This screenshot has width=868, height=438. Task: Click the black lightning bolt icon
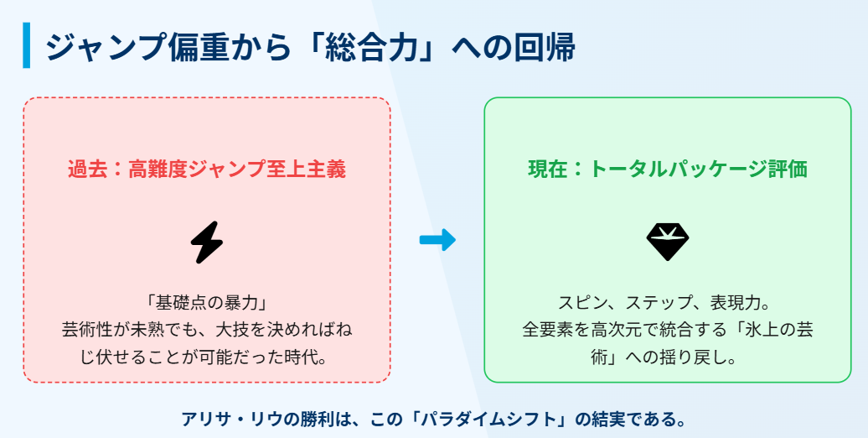(206, 242)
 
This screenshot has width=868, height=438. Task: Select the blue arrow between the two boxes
(437, 240)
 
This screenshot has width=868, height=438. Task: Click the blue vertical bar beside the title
(27, 45)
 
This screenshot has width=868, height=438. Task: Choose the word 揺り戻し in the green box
(692, 357)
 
